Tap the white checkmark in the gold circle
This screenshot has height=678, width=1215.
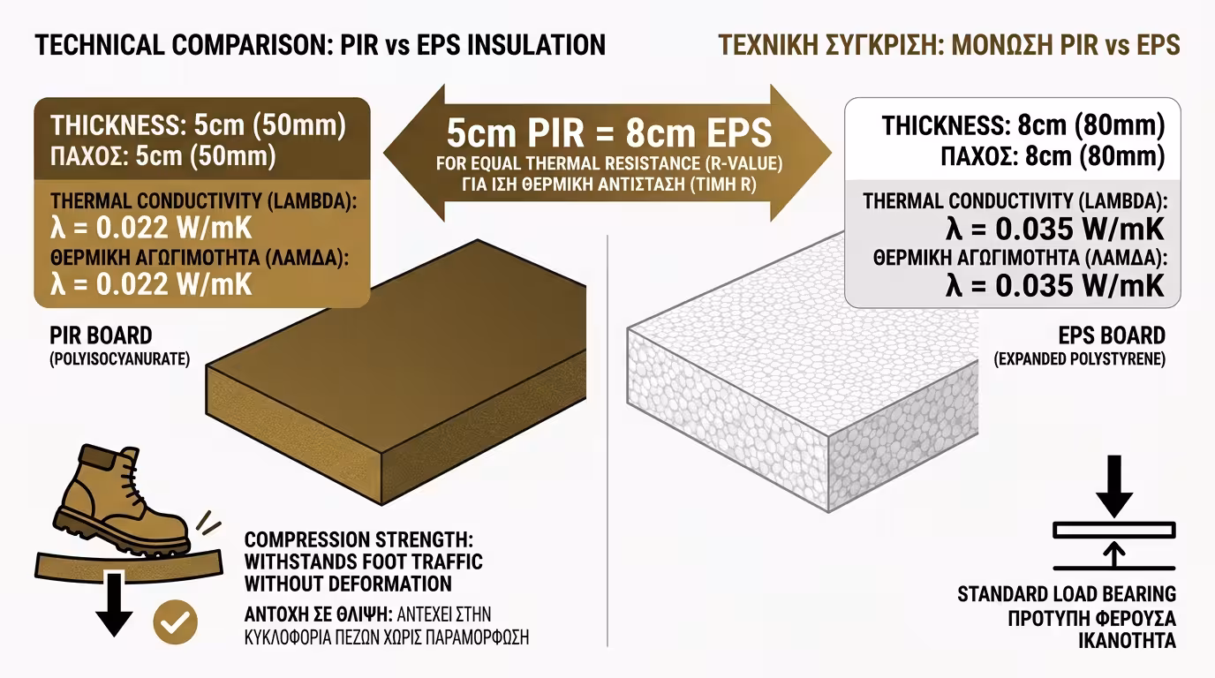(x=175, y=622)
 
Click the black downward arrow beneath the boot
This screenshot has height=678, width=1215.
(x=114, y=604)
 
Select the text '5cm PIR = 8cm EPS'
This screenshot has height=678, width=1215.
(x=609, y=133)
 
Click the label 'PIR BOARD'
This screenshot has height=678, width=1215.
(x=101, y=335)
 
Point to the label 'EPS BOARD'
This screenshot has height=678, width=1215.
(x=1112, y=335)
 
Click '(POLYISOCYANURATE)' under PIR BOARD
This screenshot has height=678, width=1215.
(x=120, y=359)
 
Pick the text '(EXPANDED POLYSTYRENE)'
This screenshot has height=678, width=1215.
(x=1079, y=359)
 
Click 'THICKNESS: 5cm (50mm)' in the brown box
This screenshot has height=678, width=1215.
(x=199, y=125)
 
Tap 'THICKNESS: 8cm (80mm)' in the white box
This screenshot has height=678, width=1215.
(x=1023, y=125)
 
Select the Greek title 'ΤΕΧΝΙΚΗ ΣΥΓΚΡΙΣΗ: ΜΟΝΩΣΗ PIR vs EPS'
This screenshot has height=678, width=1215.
(x=949, y=45)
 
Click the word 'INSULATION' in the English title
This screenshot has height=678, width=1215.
(x=537, y=45)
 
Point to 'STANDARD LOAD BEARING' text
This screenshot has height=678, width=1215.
(x=1067, y=594)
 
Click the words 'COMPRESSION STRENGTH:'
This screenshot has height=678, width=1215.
(x=358, y=539)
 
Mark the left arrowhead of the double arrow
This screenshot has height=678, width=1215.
(x=415, y=153)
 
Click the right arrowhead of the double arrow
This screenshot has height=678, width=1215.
(x=801, y=153)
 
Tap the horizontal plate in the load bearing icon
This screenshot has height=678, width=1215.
(x=1114, y=530)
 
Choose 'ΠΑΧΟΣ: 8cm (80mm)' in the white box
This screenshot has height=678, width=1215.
(x=1053, y=156)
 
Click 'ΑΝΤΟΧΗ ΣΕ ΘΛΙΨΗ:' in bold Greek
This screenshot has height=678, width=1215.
(x=319, y=614)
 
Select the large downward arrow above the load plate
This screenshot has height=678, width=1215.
(x=1114, y=486)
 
